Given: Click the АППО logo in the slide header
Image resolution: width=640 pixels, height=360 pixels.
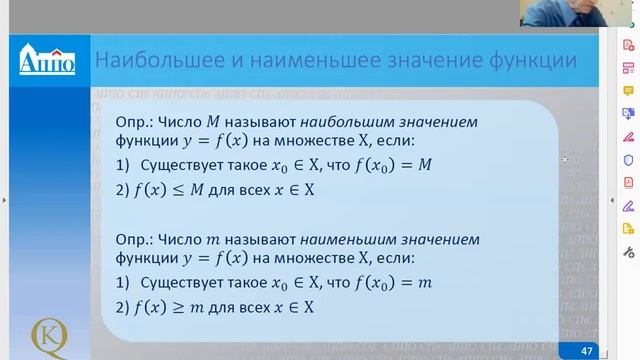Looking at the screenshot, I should [x=47, y=60].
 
